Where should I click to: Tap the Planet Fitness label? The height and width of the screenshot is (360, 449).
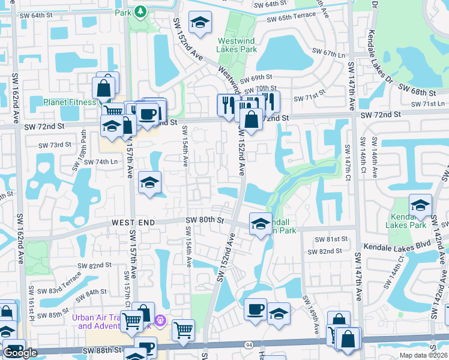coord(70,102)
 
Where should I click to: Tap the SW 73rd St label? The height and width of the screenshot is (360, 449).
coord(55,145)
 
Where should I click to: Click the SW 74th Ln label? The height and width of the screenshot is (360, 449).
coord(99,162)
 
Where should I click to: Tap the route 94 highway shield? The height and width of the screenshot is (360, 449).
coord(248,345)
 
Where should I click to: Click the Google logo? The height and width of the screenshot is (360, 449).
coord(20,353)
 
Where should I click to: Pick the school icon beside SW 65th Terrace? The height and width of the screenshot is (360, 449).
coord(200,23)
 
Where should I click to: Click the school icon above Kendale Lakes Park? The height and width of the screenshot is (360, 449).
coord(421,206)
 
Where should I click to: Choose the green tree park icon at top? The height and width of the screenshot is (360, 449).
coord(140,11)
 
